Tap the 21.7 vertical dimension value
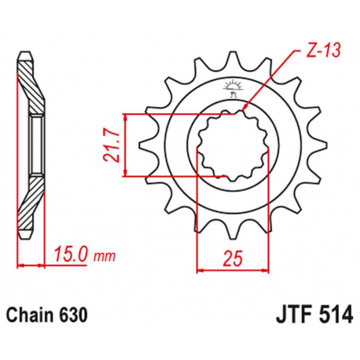click(111, 146)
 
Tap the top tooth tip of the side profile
click(25, 55)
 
